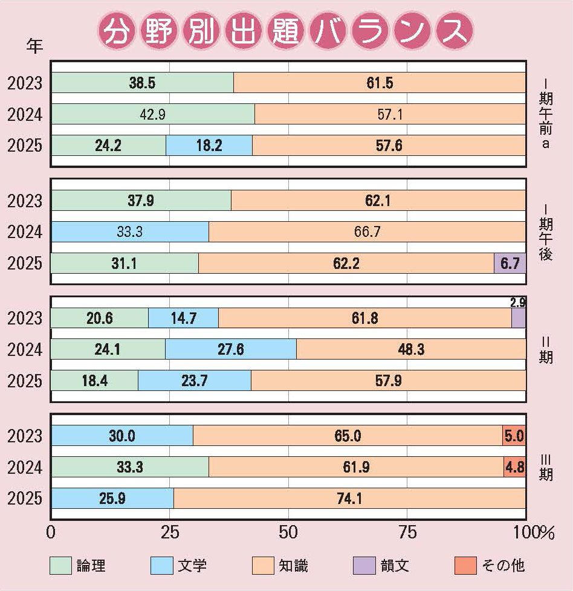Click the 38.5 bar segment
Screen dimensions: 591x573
tap(142, 83)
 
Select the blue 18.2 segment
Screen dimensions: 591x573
tap(209, 146)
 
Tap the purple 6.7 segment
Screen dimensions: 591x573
tap(510, 263)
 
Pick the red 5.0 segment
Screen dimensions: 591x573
tap(514, 436)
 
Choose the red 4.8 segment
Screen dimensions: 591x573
tap(514, 467)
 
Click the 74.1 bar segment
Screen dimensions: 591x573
tap(349, 499)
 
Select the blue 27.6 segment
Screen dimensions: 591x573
tap(231, 349)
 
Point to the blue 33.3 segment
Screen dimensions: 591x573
tap(130, 232)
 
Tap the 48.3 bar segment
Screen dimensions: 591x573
tap(411, 349)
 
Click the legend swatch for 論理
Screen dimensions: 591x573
tap(60, 565)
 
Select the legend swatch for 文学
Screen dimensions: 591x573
tap(161, 565)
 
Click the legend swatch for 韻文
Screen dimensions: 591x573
tap(364, 565)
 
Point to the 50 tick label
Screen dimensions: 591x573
tap(289, 532)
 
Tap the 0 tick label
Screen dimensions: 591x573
tap(51, 532)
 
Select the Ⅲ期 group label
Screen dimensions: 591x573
tap(545, 467)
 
